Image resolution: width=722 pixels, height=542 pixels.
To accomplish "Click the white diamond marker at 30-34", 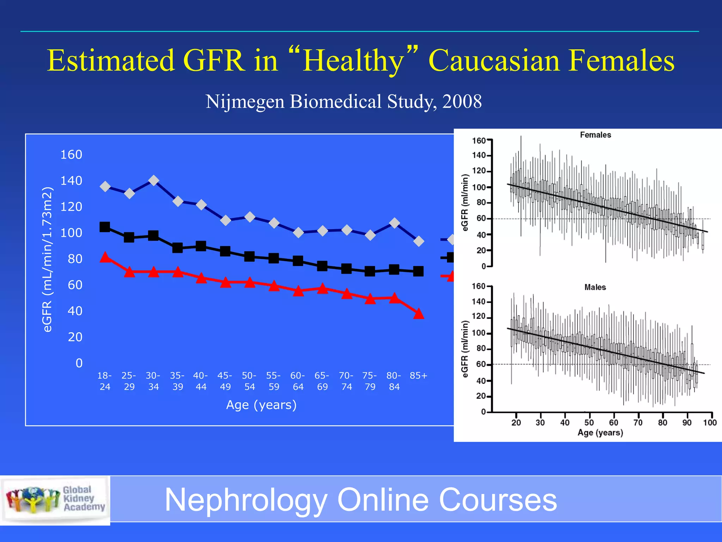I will [x=153, y=180].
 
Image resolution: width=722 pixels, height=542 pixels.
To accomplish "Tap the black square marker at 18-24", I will [x=105, y=227].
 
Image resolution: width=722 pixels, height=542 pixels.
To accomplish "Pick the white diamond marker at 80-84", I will [x=394, y=223].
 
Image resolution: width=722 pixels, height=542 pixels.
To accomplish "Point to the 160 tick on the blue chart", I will [x=71, y=155].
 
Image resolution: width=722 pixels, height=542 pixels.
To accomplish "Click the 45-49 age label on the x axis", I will [x=225, y=381].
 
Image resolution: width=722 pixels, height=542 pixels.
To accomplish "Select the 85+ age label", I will [x=418, y=376].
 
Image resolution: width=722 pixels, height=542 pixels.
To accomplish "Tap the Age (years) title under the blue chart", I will [x=261, y=405].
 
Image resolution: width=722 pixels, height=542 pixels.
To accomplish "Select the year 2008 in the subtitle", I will [x=462, y=102].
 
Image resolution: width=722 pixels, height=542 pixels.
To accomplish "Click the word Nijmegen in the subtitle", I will [x=245, y=102].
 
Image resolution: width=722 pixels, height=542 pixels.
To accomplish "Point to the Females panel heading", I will [x=595, y=135].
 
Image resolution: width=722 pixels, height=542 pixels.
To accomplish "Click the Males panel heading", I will [x=595, y=287].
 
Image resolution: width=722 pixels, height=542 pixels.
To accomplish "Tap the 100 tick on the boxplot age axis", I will [x=710, y=422].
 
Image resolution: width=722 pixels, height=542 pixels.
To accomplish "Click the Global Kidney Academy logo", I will [x=55, y=500].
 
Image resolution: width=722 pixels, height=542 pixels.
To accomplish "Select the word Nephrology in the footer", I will [x=246, y=500].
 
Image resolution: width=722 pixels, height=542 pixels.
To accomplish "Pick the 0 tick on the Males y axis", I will [x=483, y=412].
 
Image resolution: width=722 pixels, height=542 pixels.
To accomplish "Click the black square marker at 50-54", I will [x=249, y=257].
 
